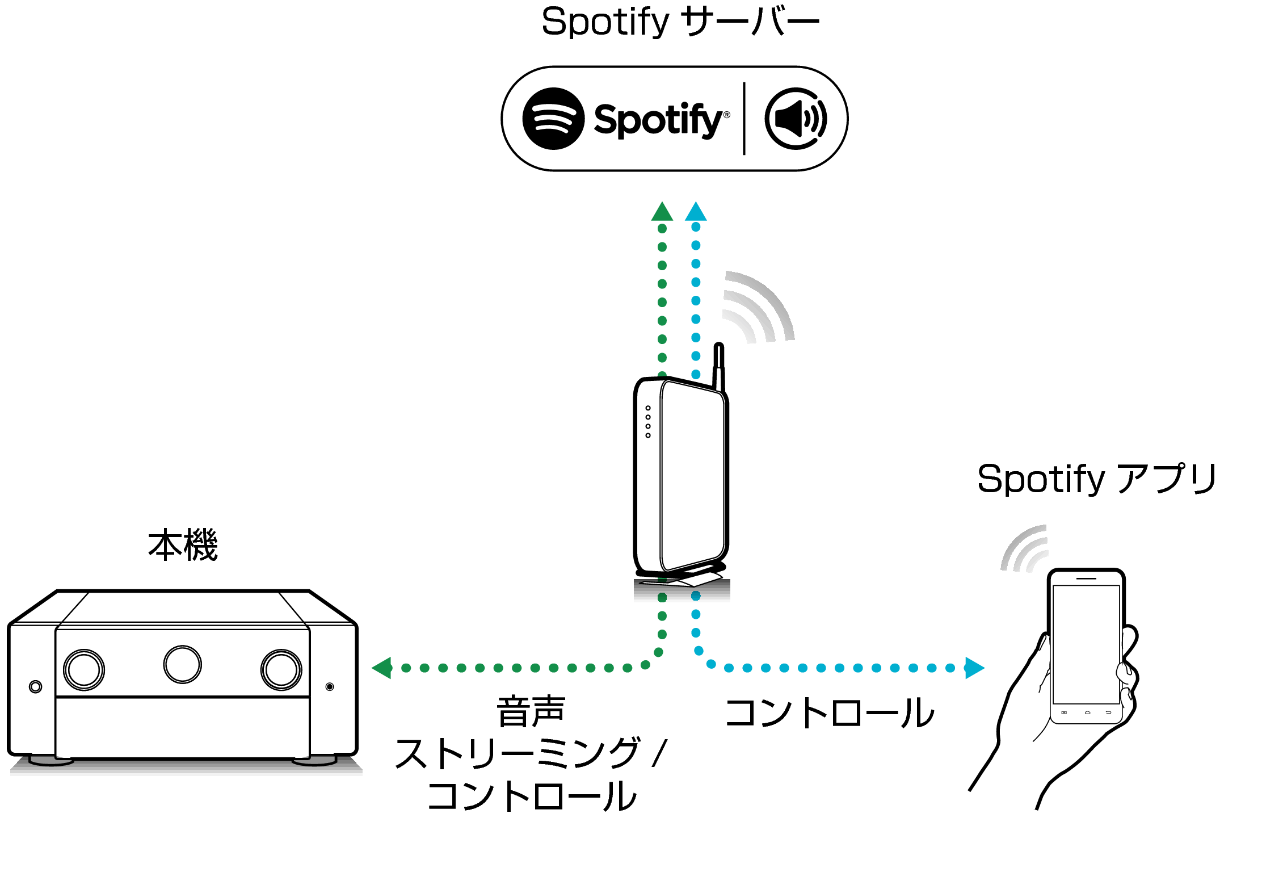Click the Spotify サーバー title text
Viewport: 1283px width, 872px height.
[680, 22]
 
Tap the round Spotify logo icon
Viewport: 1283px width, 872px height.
[553, 119]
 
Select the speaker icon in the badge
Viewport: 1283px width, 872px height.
[796, 119]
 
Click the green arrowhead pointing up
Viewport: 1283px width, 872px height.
[662, 212]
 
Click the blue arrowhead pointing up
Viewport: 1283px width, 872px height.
[696, 212]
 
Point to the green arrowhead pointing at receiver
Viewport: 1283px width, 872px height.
[382, 668]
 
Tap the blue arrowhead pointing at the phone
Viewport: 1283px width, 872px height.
[974, 668]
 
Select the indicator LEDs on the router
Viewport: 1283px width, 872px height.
[648, 422]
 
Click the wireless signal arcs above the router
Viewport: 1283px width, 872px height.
[758, 309]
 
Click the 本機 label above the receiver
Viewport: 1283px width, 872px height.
[183, 545]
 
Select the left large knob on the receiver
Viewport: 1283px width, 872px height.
[84, 670]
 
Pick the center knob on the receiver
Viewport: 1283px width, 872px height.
[182, 664]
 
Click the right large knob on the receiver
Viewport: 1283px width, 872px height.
[281, 670]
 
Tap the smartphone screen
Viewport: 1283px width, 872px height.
[1086, 644]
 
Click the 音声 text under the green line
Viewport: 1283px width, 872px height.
[531, 711]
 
